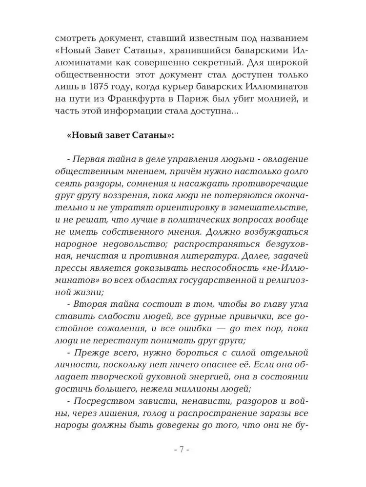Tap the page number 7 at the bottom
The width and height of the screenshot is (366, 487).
(x=181, y=450)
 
